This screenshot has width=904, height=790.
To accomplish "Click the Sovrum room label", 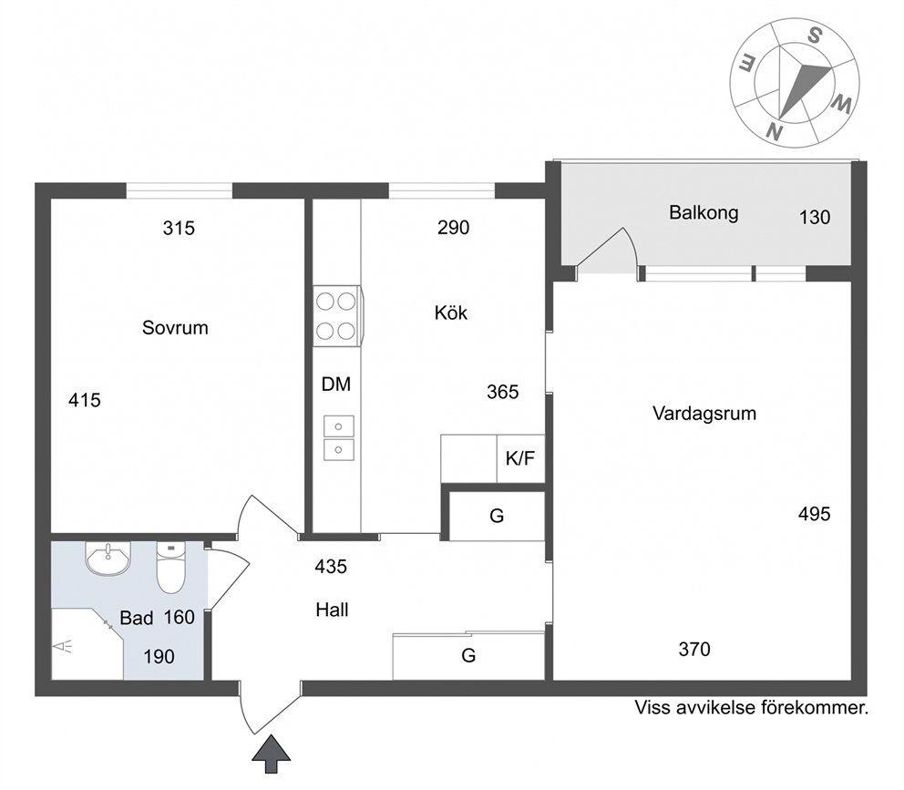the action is tap(175, 327).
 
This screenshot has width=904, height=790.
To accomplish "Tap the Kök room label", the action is tap(451, 313).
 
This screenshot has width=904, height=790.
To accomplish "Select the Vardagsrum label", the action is tap(704, 414).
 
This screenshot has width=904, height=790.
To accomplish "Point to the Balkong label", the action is tap(704, 213).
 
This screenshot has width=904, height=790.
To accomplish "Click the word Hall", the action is tap(332, 610).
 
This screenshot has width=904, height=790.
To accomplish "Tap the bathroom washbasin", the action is tap(108, 559).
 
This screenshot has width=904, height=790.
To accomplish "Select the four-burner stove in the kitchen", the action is tap(337, 316).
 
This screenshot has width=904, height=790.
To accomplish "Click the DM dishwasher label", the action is tap(336, 384).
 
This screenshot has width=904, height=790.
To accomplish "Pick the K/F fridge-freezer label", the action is tap(520, 458).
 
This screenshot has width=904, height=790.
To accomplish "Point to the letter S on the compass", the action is tap(814, 36).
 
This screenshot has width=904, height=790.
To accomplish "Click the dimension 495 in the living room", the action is tap(814, 514).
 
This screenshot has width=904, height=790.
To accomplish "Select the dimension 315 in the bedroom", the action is tap(179, 229).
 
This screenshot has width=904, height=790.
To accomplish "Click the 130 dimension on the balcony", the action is tap(815, 218).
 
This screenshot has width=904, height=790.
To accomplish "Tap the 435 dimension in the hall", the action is tap(331, 567).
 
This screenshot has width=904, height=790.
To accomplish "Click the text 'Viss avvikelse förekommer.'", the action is tap(751, 708).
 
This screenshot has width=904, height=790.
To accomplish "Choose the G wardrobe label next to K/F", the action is tap(497, 516).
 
